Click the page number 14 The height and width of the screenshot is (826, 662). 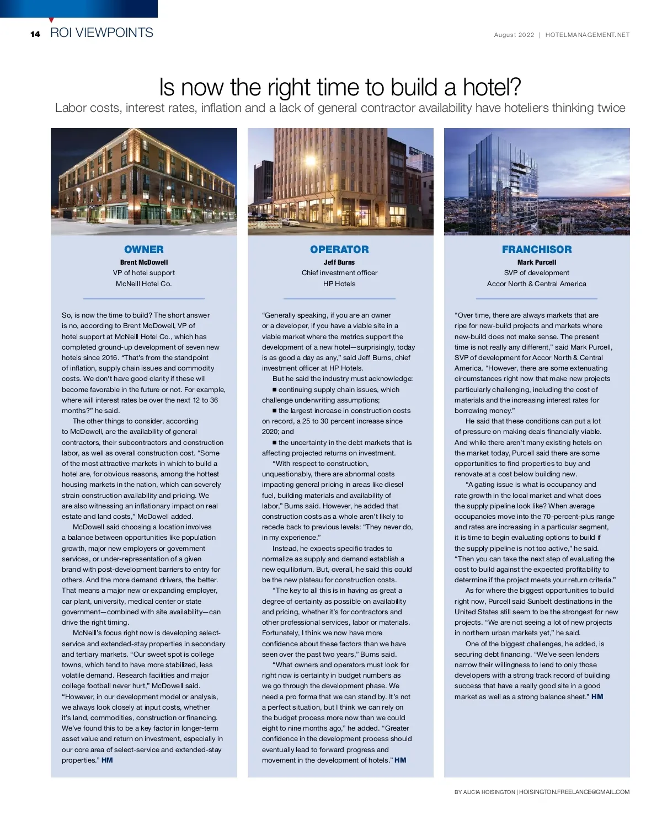pyautogui.click(x=35, y=34)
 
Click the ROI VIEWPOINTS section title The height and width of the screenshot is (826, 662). pyautogui.click(x=102, y=33)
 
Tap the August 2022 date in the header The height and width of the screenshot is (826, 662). pyautogui.click(x=514, y=35)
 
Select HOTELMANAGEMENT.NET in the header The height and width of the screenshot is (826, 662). pyautogui.click(x=587, y=35)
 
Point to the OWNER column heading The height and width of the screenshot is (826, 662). pyautogui.click(x=143, y=249)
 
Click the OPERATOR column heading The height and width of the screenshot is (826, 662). pyautogui.click(x=339, y=249)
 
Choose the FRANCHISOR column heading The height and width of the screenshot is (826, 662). pyautogui.click(x=536, y=249)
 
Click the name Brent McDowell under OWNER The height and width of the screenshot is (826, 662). pyautogui.click(x=143, y=262)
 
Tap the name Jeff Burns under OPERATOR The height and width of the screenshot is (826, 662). pyautogui.click(x=339, y=262)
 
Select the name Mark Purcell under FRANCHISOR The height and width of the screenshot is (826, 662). pyautogui.click(x=536, y=262)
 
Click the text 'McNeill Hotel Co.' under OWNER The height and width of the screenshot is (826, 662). pyautogui.click(x=143, y=284)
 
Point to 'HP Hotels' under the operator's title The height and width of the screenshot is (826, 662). pyautogui.click(x=339, y=284)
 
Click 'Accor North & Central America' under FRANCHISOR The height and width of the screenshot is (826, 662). pyautogui.click(x=536, y=284)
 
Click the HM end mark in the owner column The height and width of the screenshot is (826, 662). pyautogui.click(x=107, y=760)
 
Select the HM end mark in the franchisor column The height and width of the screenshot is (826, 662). pyautogui.click(x=597, y=697)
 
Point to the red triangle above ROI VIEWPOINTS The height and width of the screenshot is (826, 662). pyautogui.click(x=51, y=20)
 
